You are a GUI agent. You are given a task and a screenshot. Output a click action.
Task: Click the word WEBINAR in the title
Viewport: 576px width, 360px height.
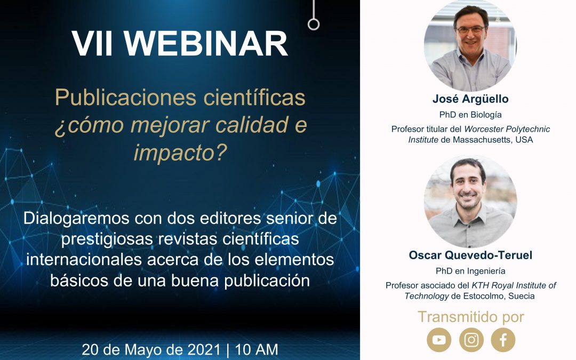206,44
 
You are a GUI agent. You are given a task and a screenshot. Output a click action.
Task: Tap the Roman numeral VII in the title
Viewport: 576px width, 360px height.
92,44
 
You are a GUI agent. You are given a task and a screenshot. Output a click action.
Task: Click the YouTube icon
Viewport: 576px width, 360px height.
439,340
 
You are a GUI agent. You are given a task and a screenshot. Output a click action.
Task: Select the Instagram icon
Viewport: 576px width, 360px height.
471,340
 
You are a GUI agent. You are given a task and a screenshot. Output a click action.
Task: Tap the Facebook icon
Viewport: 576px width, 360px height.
503,340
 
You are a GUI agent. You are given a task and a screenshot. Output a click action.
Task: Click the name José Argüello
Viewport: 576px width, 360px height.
470,99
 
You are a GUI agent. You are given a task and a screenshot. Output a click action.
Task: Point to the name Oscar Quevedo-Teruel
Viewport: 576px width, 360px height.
470,255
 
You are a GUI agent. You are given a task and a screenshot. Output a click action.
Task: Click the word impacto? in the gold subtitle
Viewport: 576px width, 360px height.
180,153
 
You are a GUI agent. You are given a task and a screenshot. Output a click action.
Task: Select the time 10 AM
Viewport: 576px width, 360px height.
257,349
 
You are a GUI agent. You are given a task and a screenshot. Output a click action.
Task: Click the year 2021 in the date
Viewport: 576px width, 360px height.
204,349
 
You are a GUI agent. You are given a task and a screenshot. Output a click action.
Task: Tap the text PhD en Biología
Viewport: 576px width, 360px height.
470,115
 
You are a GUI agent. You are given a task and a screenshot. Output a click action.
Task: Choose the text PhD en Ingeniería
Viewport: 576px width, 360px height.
470,271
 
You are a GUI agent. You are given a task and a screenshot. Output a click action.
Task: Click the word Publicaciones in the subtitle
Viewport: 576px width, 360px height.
126,98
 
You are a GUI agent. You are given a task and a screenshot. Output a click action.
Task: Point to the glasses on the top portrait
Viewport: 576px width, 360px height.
470,30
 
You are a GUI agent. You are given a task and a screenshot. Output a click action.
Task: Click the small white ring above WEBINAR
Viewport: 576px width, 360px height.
314,24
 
